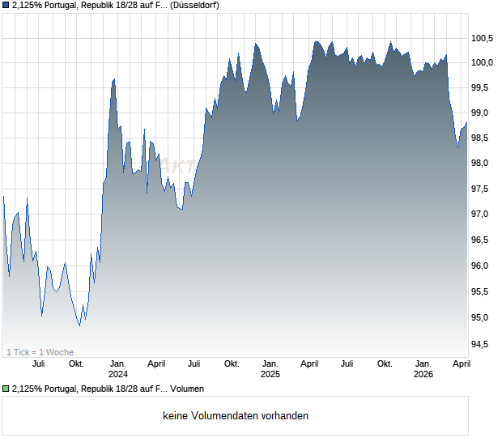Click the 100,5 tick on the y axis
click(x=483, y=38)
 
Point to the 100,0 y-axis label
click(x=483, y=63)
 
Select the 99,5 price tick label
click(x=483, y=87)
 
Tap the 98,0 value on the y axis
click(x=483, y=164)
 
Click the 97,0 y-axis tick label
click(x=483, y=215)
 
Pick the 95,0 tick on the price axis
click(x=483, y=317)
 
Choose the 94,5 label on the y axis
click(x=483, y=344)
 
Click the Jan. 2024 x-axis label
click(x=118, y=368)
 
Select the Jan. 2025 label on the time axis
click(x=270, y=368)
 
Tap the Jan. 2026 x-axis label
click(x=423, y=368)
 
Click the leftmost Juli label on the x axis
click(x=38, y=363)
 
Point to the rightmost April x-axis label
click(x=461, y=363)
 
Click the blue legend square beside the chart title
click(x=6, y=5)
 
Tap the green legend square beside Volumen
click(x=6, y=389)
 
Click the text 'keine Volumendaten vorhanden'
click(x=236, y=416)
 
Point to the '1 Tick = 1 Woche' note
click(x=40, y=351)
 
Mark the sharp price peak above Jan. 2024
click(x=113, y=79)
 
